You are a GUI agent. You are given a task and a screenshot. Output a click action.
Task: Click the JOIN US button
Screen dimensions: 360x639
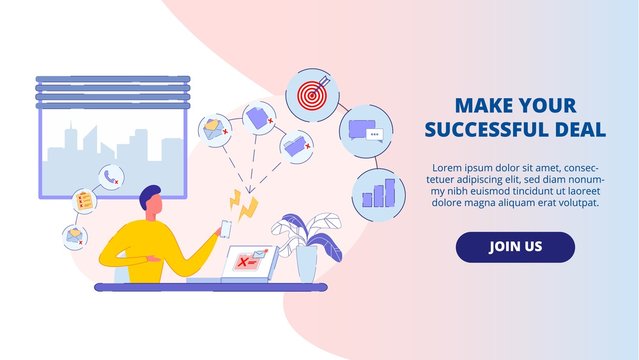[x=515, y=247]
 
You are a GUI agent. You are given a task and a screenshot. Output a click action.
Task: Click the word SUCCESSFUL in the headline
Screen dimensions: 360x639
[x=484, y=129]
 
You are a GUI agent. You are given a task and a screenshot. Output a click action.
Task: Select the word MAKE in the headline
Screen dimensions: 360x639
[x=484, y=104]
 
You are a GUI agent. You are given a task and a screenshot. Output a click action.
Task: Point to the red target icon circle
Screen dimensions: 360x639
[x=307, y=95]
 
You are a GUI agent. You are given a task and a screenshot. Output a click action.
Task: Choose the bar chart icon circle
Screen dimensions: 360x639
[x=378, y=192]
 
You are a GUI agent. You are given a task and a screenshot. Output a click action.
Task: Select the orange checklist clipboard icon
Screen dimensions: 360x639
[x=85, y=202]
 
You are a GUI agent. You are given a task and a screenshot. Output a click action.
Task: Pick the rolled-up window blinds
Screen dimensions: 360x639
[x=112, y=92]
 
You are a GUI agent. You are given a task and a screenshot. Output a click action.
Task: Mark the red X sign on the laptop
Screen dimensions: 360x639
[x=242, y=262]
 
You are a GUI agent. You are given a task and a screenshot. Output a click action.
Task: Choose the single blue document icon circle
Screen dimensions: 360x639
[x=259, y=116]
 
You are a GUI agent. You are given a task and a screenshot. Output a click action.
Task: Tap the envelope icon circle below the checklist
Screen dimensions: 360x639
[x=74, y=236]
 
